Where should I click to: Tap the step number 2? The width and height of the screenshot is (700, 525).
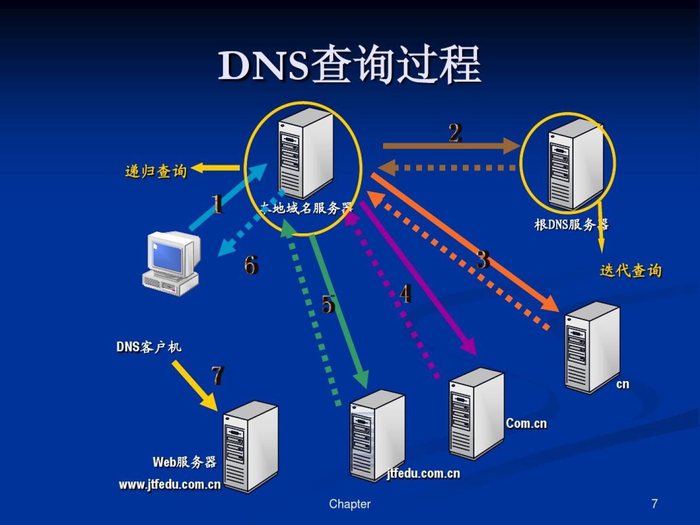(x=455, y=133)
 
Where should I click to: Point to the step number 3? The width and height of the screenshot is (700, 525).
(x=483, y=260)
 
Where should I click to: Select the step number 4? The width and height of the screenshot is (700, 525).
(x=406, y=294)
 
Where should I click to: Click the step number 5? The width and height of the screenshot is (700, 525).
(x=329, y=304)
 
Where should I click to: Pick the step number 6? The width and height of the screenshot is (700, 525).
(x=251, y=265)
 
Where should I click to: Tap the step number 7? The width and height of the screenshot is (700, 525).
(x=217, y=375)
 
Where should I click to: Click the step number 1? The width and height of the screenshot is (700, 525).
(x=217, y=204)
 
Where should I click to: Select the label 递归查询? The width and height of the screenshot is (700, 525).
(x=156, y=171)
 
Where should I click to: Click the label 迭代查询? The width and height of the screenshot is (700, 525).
(x=630, y=271)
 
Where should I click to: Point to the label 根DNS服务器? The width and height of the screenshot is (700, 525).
(x=571, y=225)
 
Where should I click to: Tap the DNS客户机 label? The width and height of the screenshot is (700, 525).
(x=149, y=347)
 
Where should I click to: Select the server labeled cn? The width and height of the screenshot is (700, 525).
(x=592, y=347)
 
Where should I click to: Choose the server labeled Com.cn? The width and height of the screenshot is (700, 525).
(x=476, y=413)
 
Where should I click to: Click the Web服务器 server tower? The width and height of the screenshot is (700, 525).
(x=250, y=446)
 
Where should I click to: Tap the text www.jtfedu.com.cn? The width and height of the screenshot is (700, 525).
(x=170, y=485)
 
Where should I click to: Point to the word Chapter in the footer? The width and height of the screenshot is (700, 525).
(x=350, y=504)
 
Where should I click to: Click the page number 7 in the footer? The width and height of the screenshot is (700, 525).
(x=654, y=504)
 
